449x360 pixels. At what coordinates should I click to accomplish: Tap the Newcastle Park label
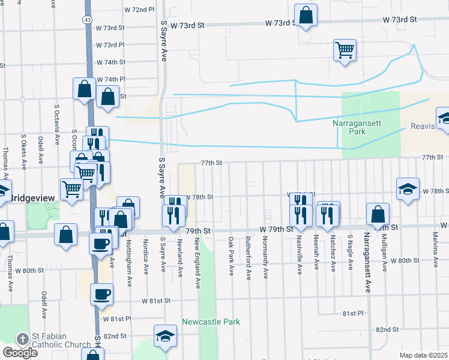point(211,322)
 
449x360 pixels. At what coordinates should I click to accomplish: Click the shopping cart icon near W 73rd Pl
point(345,50)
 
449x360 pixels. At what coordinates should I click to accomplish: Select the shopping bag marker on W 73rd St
point(306,17)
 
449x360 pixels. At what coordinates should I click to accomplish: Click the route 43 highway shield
point(88,20)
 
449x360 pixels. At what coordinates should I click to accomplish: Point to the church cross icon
point(22,339)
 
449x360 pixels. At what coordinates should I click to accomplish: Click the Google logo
point(20,353)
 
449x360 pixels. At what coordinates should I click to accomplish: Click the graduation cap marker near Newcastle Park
point(165,337)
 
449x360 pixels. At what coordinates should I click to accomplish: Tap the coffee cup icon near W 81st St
point(101,294)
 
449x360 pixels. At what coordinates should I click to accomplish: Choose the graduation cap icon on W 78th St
point(408,188)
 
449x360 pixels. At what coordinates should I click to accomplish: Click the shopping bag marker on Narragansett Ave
point(378,214)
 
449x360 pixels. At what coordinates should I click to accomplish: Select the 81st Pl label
point(353,313)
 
